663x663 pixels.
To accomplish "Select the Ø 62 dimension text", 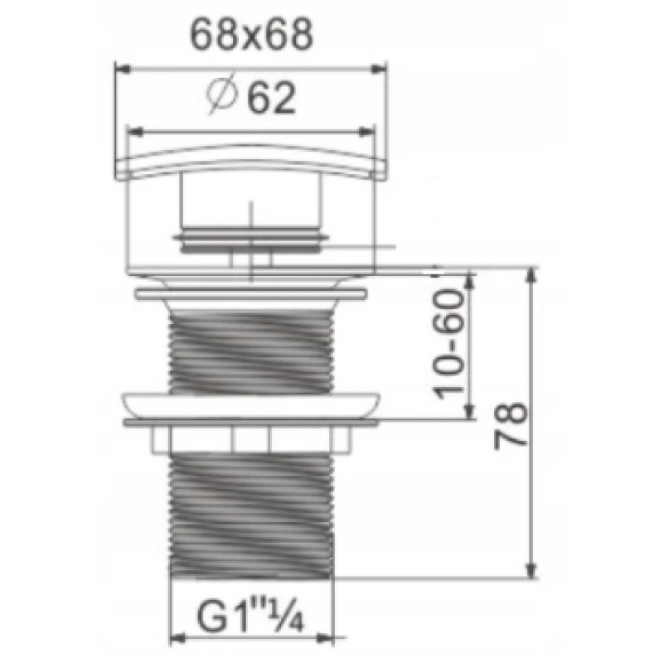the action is (251, 97).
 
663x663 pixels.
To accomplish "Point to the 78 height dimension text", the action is (511, 426).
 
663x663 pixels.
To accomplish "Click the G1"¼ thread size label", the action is (250, 617).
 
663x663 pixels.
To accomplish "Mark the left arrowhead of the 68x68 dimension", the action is (123, 69).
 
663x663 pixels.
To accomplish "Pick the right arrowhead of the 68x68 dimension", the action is (379, 69).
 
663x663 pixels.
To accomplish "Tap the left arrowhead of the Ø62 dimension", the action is (134, 133).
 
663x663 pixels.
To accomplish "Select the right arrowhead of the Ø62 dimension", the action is (366, 133).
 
